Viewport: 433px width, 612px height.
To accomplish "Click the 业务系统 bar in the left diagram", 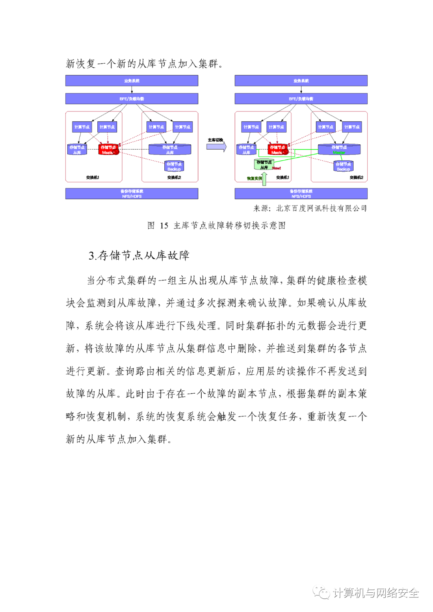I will coord(132,81).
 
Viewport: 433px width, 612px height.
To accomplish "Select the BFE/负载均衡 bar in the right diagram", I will coord(301,99).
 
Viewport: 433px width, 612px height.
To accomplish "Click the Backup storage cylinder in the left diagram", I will coord(174,166).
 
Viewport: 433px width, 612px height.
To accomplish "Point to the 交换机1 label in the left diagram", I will coord(93,177).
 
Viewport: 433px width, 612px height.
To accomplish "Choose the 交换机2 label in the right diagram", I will coord(356,177).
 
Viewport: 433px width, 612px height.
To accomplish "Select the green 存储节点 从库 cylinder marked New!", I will coord(263,164).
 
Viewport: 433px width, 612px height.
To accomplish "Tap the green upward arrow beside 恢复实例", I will coord(264,179).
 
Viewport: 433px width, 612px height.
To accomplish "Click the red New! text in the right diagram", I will coord(277,168).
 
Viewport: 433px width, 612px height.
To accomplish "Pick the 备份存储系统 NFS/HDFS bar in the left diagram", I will coord(132,194).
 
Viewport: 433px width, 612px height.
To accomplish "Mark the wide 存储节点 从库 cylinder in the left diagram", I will coord(170,149).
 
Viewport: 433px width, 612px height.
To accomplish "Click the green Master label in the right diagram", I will coord(339,153).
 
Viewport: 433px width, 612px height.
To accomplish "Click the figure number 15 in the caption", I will coord(164,226).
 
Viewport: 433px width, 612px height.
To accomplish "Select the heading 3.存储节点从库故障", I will coord(139,255).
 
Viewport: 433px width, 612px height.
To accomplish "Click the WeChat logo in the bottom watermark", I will coord(321,592).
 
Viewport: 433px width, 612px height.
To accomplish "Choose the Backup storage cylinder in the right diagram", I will coord(343,166).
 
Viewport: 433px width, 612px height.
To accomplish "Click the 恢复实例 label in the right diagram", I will coord(254,178).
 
